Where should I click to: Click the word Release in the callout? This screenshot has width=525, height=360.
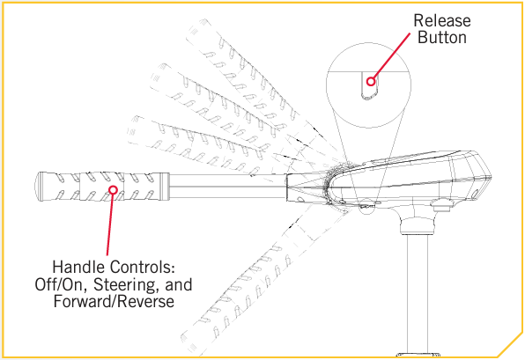[442, 21]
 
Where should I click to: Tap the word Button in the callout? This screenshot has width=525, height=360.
[442, 37]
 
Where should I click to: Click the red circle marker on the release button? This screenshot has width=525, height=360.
[371, 81]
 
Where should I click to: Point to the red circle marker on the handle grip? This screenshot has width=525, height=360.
[113, 190]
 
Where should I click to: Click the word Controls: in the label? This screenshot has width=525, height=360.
[143, 267]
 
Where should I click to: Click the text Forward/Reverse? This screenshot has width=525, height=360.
[114, 301]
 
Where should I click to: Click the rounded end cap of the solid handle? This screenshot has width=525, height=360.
[41, 187]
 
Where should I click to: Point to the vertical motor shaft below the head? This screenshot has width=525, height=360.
[418, 294]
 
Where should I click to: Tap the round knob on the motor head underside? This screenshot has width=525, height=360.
[441, 205]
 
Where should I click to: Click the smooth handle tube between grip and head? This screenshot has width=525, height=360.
[227, 187]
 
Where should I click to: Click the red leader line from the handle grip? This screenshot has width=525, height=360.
[110, 224]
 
